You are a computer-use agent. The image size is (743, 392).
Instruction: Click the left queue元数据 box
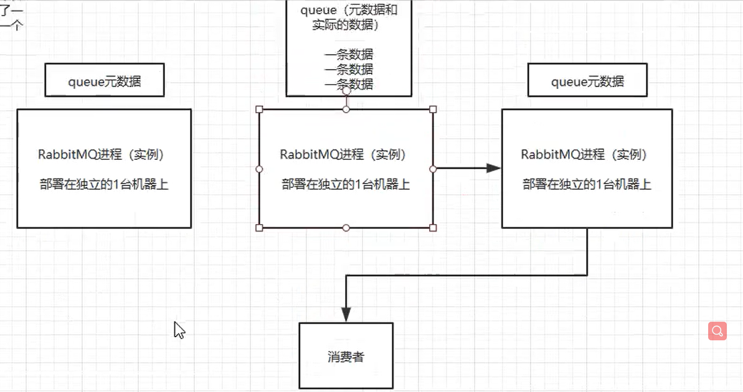click(105, 80)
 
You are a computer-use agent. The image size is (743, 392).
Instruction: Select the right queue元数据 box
click(587, 80)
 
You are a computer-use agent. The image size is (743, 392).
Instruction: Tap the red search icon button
click(717, 330)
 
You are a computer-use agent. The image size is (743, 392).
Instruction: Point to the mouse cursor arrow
click(178, 329)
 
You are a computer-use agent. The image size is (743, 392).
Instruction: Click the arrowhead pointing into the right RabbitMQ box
click(493, 168)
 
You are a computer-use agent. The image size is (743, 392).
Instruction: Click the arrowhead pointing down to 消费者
click(346, 314)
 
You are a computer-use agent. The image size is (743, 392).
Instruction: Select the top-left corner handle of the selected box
click(260, 110)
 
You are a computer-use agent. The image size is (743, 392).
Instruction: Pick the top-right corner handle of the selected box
click(433, 110)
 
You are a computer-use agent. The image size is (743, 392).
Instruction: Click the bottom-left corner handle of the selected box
click(260, 228)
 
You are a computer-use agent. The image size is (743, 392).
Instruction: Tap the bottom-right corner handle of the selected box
click(433, 228)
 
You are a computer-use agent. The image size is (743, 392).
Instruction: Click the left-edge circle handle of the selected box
click(260, 169)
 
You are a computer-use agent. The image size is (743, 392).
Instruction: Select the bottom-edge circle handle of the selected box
click(346, 228)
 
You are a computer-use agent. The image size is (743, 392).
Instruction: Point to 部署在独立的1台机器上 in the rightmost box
click(587, 184)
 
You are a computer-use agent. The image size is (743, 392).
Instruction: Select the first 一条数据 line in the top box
click(349, 55)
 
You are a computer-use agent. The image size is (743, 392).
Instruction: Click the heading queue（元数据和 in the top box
click(349, 11)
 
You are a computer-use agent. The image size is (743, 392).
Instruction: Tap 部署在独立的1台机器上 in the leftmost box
click(104, 184)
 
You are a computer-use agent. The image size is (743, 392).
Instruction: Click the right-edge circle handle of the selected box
click(433, 169)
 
